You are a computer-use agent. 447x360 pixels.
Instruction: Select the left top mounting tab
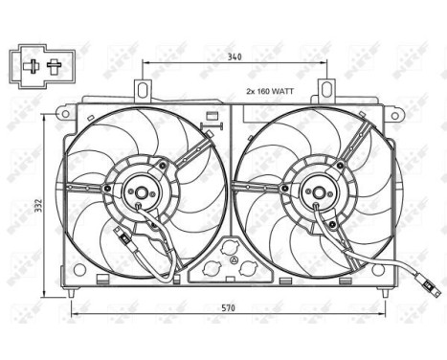[144, 90]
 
